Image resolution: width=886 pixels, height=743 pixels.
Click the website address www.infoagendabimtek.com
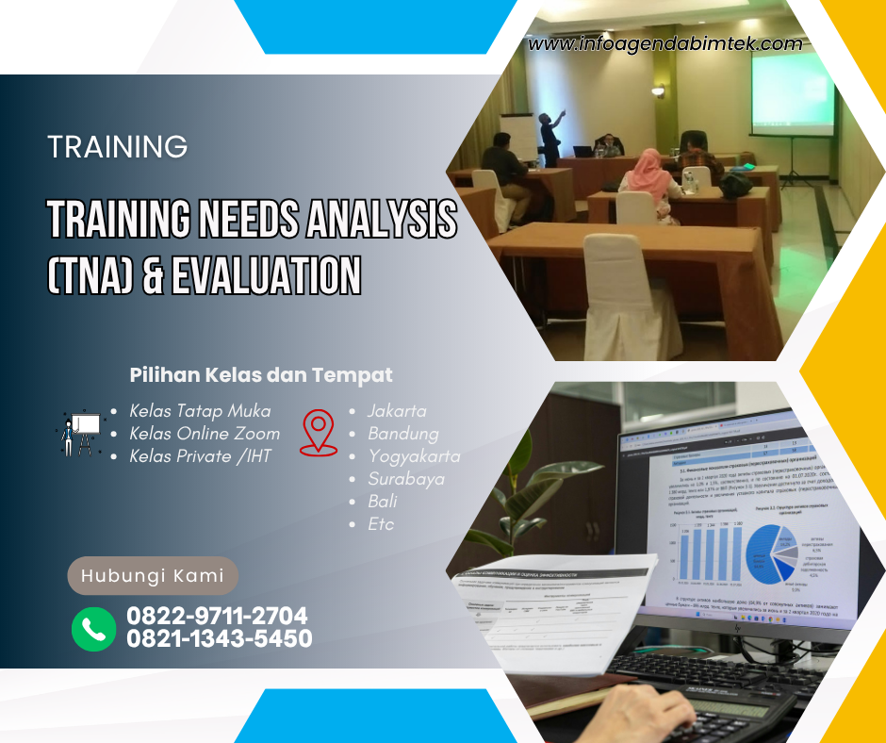tap(665, 43)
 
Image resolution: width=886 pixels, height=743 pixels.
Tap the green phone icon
tap(93, 628)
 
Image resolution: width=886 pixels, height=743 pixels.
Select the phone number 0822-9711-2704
tap(217, 617)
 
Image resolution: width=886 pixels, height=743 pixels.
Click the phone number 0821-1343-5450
tap(220, 639)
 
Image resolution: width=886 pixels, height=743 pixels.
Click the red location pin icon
tap(319, 433)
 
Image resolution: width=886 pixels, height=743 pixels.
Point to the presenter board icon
tap(80, 433)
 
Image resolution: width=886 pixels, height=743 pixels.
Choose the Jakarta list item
tap(397, 411)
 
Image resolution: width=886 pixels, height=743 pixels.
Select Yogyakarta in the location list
tap(414, 456)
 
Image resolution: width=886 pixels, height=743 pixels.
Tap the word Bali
tap(382, 502)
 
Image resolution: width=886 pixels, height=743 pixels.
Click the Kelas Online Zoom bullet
tap(205, 434)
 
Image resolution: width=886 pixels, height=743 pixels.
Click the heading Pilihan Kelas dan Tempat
tap(260, 375)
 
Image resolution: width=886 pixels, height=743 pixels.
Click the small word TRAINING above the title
tap(117, 147)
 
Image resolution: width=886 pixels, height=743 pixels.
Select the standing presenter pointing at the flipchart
tap(550, 137)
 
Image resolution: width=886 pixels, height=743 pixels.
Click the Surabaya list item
tap(405, 479)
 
